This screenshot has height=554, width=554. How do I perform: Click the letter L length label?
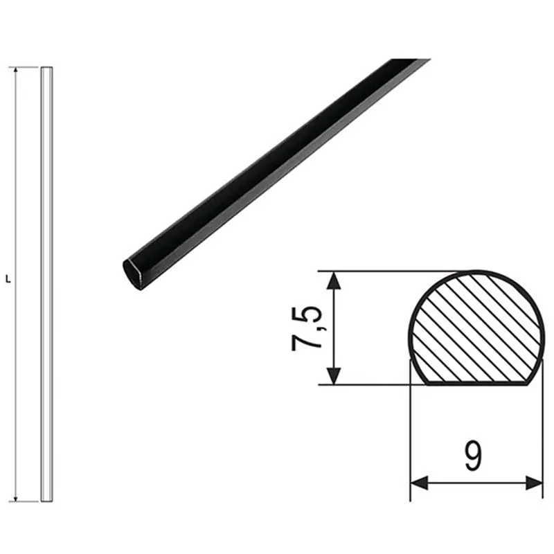(x=8, y=280)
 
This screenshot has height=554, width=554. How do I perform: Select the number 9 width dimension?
(x=474, y=456)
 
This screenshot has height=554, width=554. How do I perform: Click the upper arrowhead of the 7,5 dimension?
(x=334, y=280)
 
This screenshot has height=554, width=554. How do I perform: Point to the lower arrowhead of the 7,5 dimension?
(x=334, y=376)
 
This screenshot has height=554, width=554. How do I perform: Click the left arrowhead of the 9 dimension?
(x=419, y=483)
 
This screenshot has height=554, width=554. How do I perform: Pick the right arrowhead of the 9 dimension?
(x=534, y=483)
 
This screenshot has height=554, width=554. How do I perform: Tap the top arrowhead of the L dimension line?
(x=15, y=70)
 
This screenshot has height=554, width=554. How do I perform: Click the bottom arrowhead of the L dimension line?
(x=15, y=498)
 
